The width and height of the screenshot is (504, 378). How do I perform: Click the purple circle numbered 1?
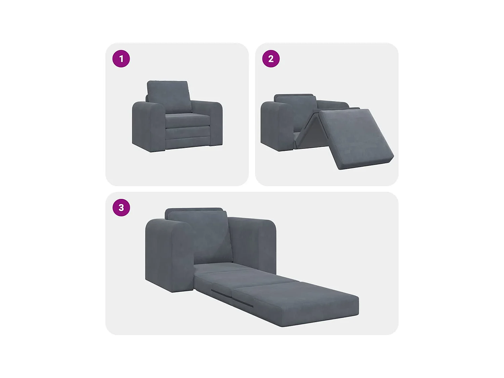[x=121, y=59]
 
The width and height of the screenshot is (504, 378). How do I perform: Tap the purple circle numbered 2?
[x=271, y=59]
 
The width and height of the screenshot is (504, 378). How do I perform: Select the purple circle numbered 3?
[x=121, y=207]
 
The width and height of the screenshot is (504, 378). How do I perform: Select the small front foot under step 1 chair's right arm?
[x=211, y=145]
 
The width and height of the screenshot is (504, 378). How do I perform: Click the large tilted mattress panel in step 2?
[x=354, y=138]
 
